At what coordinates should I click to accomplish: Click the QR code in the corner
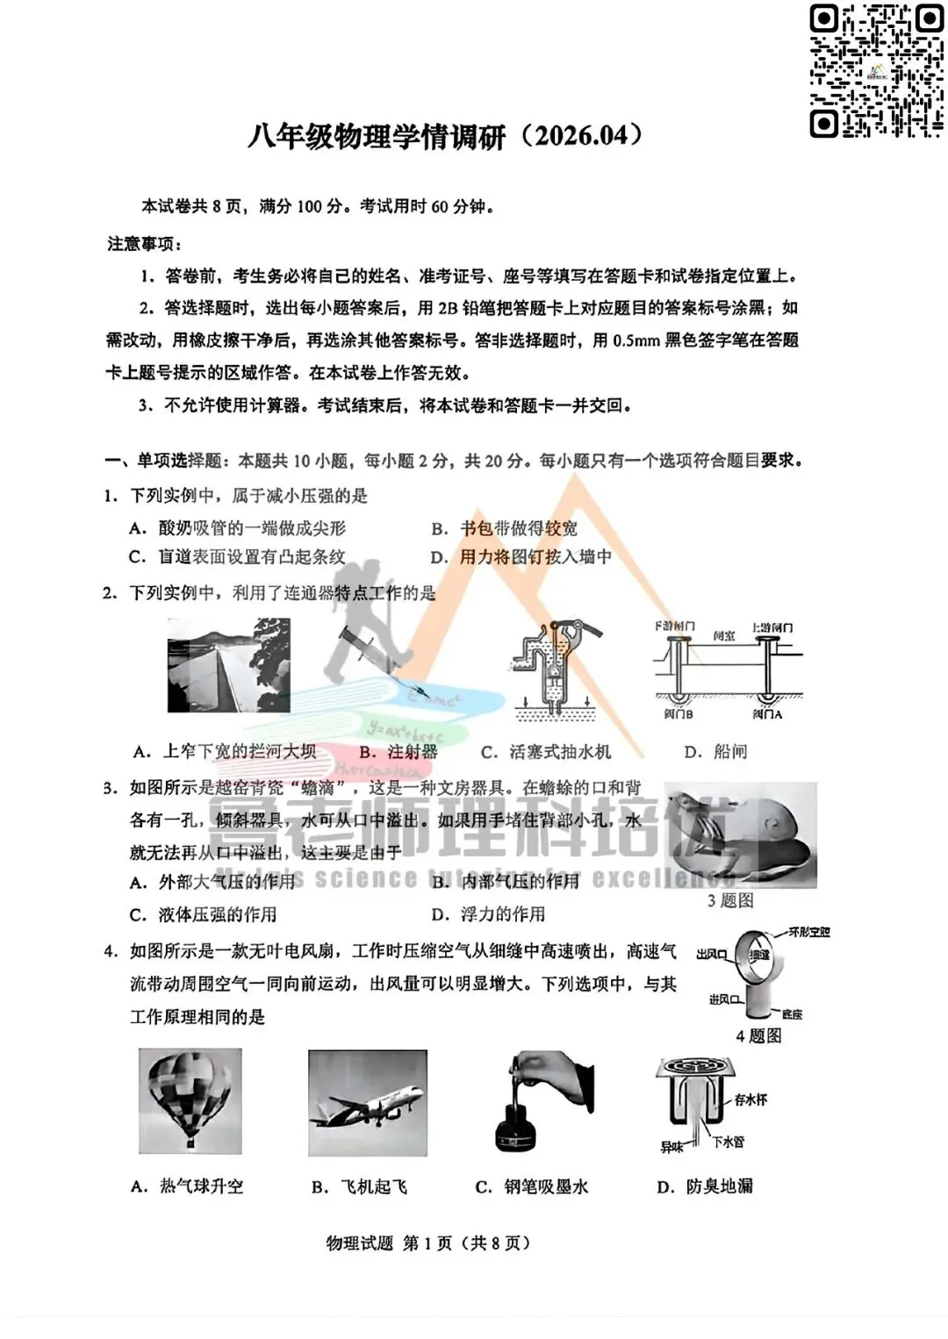pyautogui.click(x=875, y=70)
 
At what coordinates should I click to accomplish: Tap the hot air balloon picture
pyautogui.click(x=190, y=1100)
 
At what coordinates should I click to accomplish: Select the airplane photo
pyautogui.click(x=368, y=1103)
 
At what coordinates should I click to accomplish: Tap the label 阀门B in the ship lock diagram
pyautogui.click(x=679, y=715)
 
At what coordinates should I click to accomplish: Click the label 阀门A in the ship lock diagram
pyautogui.click(x=766, y=715)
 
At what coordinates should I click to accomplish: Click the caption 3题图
pyautogui.click(x=730, y=900)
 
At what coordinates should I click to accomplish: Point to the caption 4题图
pyautogui.click(x=758, y=1036)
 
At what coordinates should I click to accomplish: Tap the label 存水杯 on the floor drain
pyautogui.click(x=750, y=1099)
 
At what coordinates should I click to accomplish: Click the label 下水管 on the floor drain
pyautogui.click(x=728, y=1142)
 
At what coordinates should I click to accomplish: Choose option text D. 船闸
pyautogui.click(x=715, y=752)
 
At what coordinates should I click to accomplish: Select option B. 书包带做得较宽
pyautogui.click(x=505, y=528)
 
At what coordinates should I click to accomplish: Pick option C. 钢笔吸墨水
pyautogui.click(x=532, y=1187)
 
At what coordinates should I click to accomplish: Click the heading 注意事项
pyautogui.click(x=144, y=244)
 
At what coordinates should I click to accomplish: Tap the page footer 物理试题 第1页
pyautogui.click(x=428, y=1243)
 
